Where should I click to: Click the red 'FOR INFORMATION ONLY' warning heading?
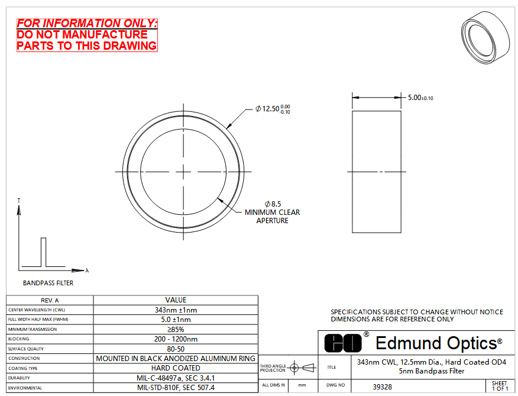click(87, 23)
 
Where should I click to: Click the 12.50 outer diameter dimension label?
click(273, 108)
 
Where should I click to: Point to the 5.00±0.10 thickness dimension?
click(420, 98)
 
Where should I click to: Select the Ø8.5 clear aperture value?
click(273, 204)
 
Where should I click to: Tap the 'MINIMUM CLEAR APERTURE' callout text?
click(272, 217)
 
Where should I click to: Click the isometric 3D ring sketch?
click(485, 37)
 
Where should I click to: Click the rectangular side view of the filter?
click(377, 172)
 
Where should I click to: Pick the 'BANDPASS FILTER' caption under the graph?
click(48, 283)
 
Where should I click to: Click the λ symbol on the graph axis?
click(87, 271)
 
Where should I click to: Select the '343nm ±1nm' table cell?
click(176, 310)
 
